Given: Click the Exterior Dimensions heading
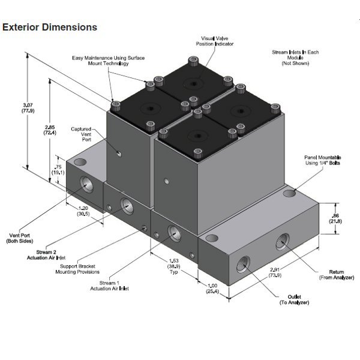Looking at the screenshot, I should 50,28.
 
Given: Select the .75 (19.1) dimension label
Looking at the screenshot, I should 58,169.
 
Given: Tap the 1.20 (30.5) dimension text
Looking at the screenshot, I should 83,211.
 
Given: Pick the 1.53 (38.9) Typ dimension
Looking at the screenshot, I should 173,264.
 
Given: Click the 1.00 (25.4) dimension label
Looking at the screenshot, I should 212,289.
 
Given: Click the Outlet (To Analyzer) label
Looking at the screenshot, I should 294,299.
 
